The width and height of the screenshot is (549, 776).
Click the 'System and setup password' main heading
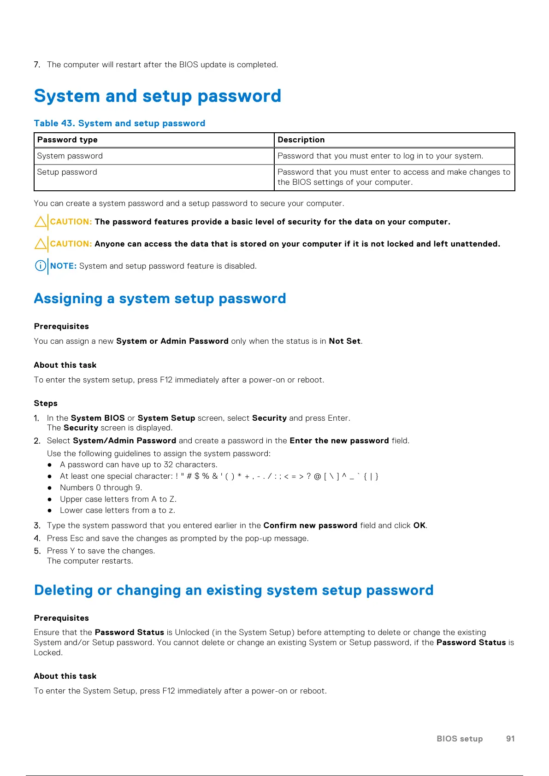point(157,96)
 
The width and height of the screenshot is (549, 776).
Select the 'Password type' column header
point(67,140)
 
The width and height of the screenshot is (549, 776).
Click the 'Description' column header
point(301,140)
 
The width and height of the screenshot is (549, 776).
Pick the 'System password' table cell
point(70,156)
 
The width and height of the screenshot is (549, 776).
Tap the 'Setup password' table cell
point(67,172)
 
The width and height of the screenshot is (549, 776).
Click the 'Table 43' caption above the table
point(119,123)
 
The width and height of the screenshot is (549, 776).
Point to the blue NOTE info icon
point(41,266)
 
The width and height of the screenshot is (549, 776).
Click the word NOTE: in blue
point(63,266)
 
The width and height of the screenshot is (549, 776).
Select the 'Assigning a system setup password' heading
point(160,299)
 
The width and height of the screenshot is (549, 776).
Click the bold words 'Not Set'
point(344,341)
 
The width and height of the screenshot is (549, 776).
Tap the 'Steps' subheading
point(46,403)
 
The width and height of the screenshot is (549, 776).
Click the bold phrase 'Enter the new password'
point(339,441)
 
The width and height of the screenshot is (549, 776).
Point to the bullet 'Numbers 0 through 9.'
point(101,488)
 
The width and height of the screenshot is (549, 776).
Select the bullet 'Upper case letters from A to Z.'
point(118,499)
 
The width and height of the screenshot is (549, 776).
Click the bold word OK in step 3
point(419,525)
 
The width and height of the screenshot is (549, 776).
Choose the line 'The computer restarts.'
point(90,561)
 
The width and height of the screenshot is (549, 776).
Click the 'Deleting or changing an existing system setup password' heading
point(234,590)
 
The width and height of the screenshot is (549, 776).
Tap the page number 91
point(510,739)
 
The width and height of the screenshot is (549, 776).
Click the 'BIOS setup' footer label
point(460,739)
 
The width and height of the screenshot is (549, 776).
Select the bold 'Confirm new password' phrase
point(310,525)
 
